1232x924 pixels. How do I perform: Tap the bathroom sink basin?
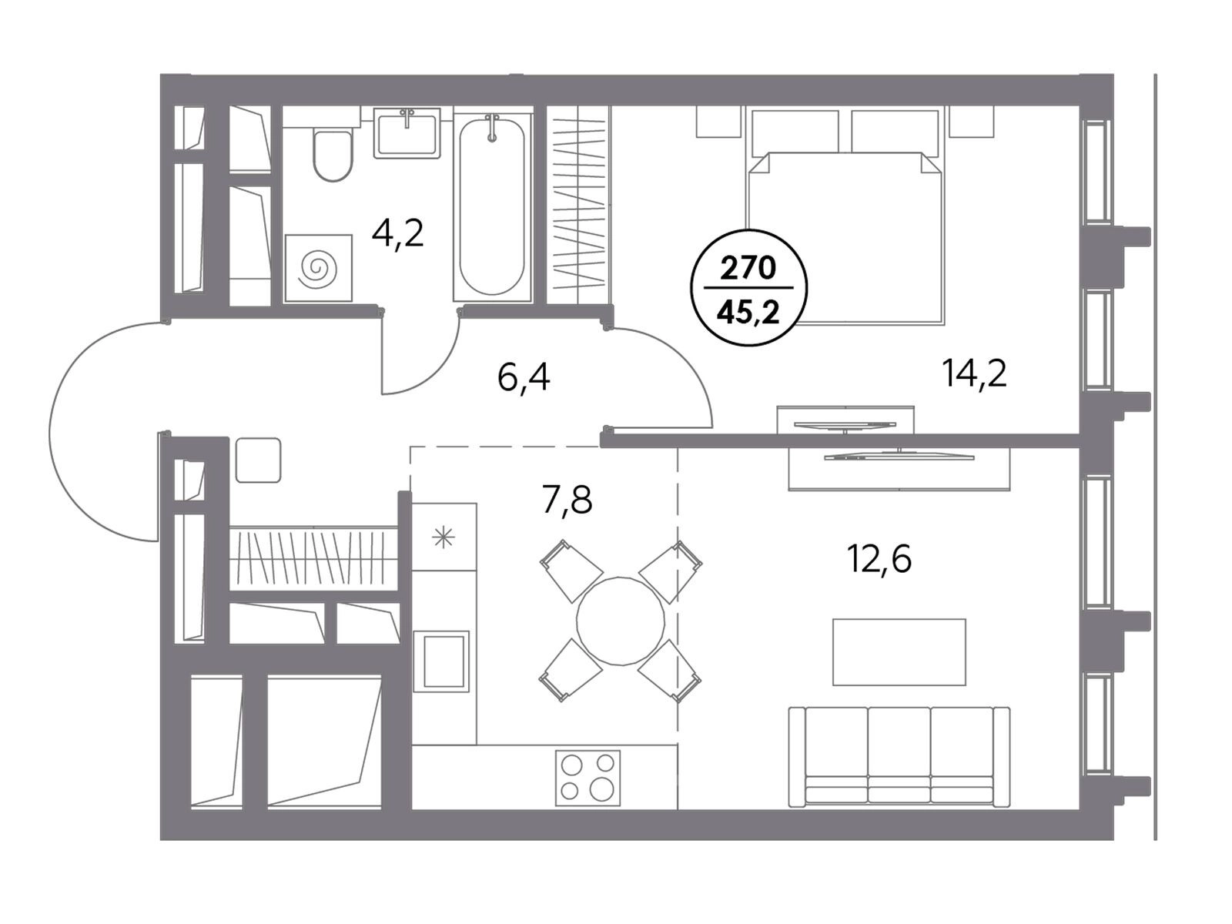pyautogui.click(x=407, y=135)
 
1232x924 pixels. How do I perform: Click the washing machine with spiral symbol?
pyautogui.click(x=318, y=268)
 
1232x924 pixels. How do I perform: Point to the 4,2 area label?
pyautogui.click(x=398, y=234)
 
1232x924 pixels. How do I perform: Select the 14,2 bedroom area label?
pyautogui.click(x=975, y=373)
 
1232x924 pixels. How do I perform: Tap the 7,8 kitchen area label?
pyautogui.click(x=567, y=500)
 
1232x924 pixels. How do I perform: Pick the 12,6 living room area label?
pyautogui.click(x=880, y=559)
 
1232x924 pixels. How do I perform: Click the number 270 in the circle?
pyautogui.click(x=748, y=269)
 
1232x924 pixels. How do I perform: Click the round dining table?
pyautogui.click(x=620, y=621)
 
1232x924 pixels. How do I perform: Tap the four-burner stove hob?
pyautogui.click(x=588, y=778)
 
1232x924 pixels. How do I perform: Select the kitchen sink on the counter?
pyautogui.click(x=440, y=661)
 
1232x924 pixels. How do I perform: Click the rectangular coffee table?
pyautogui.click(x=899, y=652)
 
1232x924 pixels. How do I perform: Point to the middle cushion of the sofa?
pyautogui.click(x=899, y=758)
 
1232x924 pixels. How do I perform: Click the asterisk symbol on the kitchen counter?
pyautogui.click(x=444, y=538)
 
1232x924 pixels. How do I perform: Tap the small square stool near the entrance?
pyautogui.click(x=258, y=460)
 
